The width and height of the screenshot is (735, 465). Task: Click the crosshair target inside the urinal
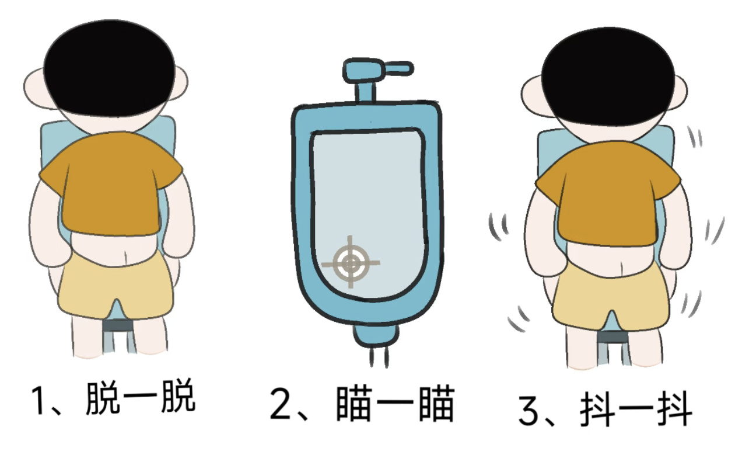pyautogui.click(x=351, y=262)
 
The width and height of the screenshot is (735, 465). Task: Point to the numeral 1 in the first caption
pyautogui.click(x=39, y=401)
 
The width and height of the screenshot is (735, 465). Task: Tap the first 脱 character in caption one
pyautogui.click(x=102, y=398)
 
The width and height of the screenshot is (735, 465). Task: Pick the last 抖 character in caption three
pyautogui.click(x=674, y=410)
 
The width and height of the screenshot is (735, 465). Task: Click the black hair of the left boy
pyautogui.click(x=109, y=68)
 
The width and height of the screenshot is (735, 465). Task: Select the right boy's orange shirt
pyautogui.click(x=608, y=193)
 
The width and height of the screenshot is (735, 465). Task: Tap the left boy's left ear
pyautogui.click(x=34, y=88)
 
